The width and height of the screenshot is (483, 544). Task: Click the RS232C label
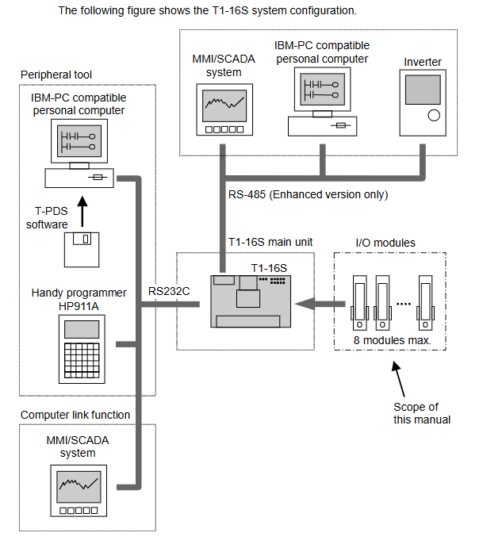click(x=168, y=290)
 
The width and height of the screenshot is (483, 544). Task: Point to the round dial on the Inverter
click(x=433, y=116)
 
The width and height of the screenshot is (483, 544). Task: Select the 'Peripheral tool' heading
click(x=56, y=75)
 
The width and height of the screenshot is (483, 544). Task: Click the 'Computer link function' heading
click(x=75, y=414)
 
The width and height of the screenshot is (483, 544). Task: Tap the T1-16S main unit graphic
click(x=249, y=301)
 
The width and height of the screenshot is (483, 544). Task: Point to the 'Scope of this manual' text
click(x=421, y=413)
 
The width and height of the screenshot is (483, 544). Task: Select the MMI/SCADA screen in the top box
click(x=225, y=105)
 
